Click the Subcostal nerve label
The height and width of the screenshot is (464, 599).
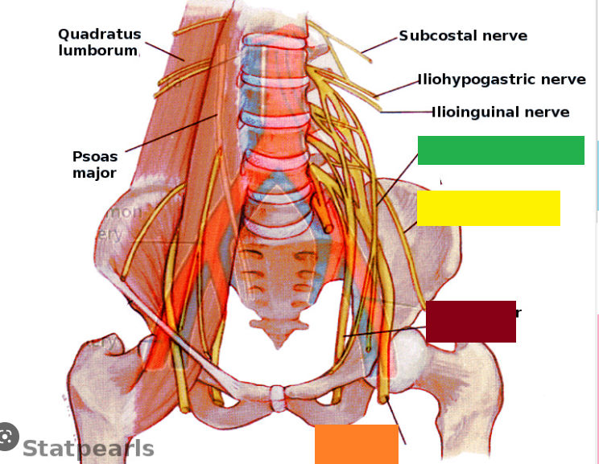463,35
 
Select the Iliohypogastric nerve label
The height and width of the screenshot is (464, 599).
502,80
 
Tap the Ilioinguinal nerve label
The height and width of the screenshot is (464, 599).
501,112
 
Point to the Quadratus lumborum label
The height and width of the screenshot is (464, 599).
99,42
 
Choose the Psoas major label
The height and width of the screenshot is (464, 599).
95,164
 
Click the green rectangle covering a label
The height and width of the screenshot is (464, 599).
501,150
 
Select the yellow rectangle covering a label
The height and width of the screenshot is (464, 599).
488,208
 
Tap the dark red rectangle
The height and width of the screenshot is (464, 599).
471,321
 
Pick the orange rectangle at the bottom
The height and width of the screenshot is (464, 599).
356,444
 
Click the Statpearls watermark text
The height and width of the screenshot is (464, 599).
88,448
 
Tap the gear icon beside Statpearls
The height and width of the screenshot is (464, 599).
7,436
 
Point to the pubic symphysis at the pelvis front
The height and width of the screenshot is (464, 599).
278,396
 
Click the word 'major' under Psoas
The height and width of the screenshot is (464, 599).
94,173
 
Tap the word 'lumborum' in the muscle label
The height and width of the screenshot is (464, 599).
98,50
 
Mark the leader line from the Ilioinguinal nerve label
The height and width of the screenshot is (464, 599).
407,113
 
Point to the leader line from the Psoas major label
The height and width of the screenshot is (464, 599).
169,133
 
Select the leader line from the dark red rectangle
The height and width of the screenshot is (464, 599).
386,331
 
